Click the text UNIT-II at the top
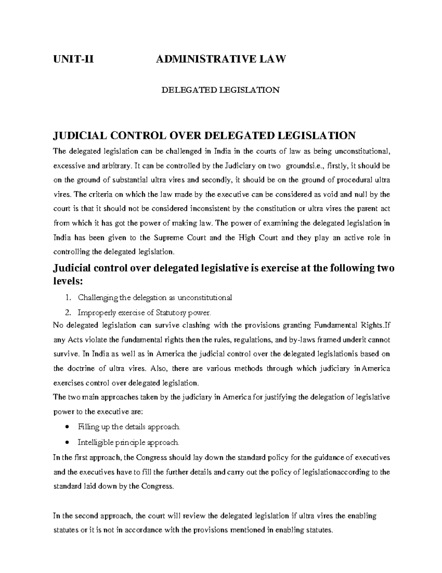73,59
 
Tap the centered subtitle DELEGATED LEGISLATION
221,90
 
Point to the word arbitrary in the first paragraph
112,166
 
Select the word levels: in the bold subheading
69,281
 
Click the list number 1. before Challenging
68,298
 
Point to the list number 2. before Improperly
68,313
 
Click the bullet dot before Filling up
66,427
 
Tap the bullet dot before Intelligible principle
66,442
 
